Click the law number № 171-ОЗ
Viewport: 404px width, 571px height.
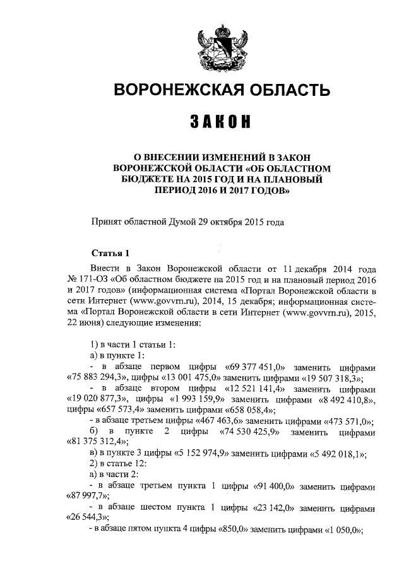click(x=86, y=280)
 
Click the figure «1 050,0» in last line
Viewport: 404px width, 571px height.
click(x=343, y=531)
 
